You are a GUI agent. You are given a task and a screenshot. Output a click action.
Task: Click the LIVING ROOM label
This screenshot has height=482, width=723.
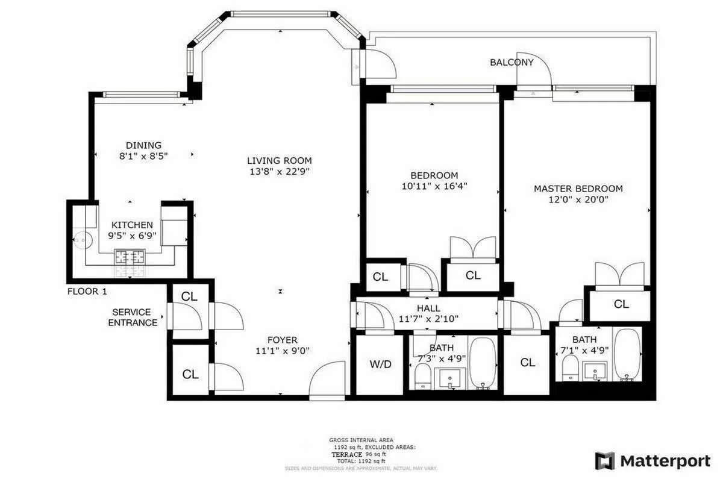point(280,160)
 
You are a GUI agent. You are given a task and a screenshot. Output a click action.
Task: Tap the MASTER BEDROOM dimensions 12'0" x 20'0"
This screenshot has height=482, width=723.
point(578,200)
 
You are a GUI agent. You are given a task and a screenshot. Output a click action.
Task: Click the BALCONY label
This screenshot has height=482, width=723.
point(512,62)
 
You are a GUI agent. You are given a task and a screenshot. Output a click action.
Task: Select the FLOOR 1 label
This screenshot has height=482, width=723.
point(87,292)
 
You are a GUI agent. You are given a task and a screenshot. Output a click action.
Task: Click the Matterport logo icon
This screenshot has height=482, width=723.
point(604,461)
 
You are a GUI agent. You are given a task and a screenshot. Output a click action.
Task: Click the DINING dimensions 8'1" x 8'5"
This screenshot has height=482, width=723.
point(143,156)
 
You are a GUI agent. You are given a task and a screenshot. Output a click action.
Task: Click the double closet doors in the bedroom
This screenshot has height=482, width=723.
point(473,248)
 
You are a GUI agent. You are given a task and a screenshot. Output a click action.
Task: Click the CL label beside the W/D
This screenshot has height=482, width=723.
point(527,363)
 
